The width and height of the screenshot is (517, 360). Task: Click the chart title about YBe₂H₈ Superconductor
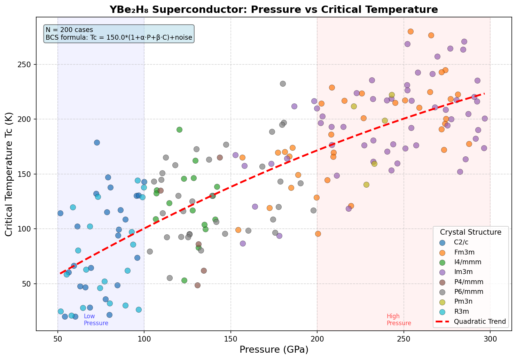tap(274, 9)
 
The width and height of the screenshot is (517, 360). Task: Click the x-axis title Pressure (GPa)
tap(274, 350)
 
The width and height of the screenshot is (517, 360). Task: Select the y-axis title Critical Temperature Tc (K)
tap(9, 174)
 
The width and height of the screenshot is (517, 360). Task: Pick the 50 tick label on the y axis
tap(29, 284)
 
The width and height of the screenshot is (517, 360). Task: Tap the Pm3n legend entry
tap(463, 302)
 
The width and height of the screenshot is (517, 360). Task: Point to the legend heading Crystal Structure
tap(470, 232)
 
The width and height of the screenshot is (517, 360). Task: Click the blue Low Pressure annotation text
tap(96, 320)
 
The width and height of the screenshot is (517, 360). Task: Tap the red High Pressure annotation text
tap(399, 320)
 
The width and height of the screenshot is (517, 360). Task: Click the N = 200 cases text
tap(69, 30)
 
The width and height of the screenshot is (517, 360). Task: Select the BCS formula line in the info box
tap(119, 38)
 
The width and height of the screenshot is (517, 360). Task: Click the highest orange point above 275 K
tap(410, 31)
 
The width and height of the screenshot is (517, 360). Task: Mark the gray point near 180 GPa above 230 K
tap(283, 84)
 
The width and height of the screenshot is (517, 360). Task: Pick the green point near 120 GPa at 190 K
tap(179, 130)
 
